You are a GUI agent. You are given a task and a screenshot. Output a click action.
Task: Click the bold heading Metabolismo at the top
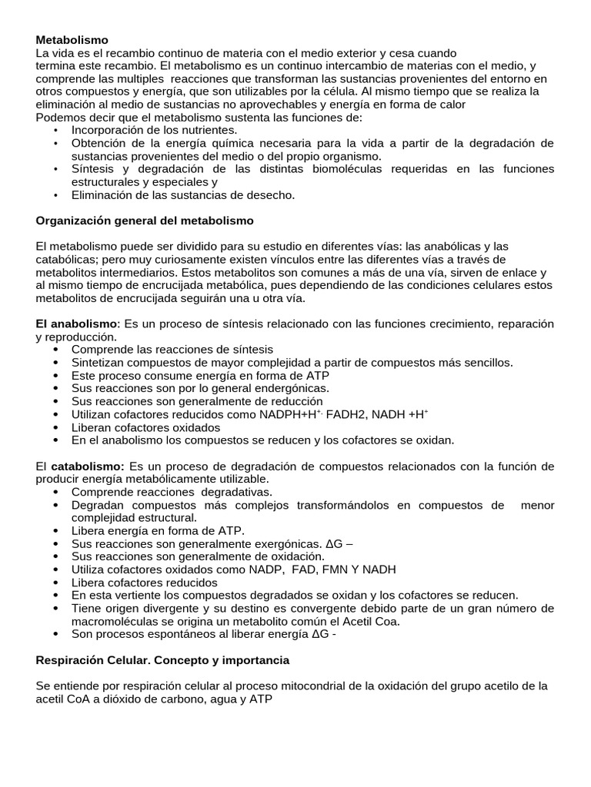(x=72, y=39)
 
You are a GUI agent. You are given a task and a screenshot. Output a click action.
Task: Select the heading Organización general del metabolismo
(x=145, y=221)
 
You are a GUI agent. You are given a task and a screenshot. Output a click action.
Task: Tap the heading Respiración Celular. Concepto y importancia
(x=162, y=660)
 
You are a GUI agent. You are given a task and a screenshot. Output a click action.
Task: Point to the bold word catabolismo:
(x=88, y=466)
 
